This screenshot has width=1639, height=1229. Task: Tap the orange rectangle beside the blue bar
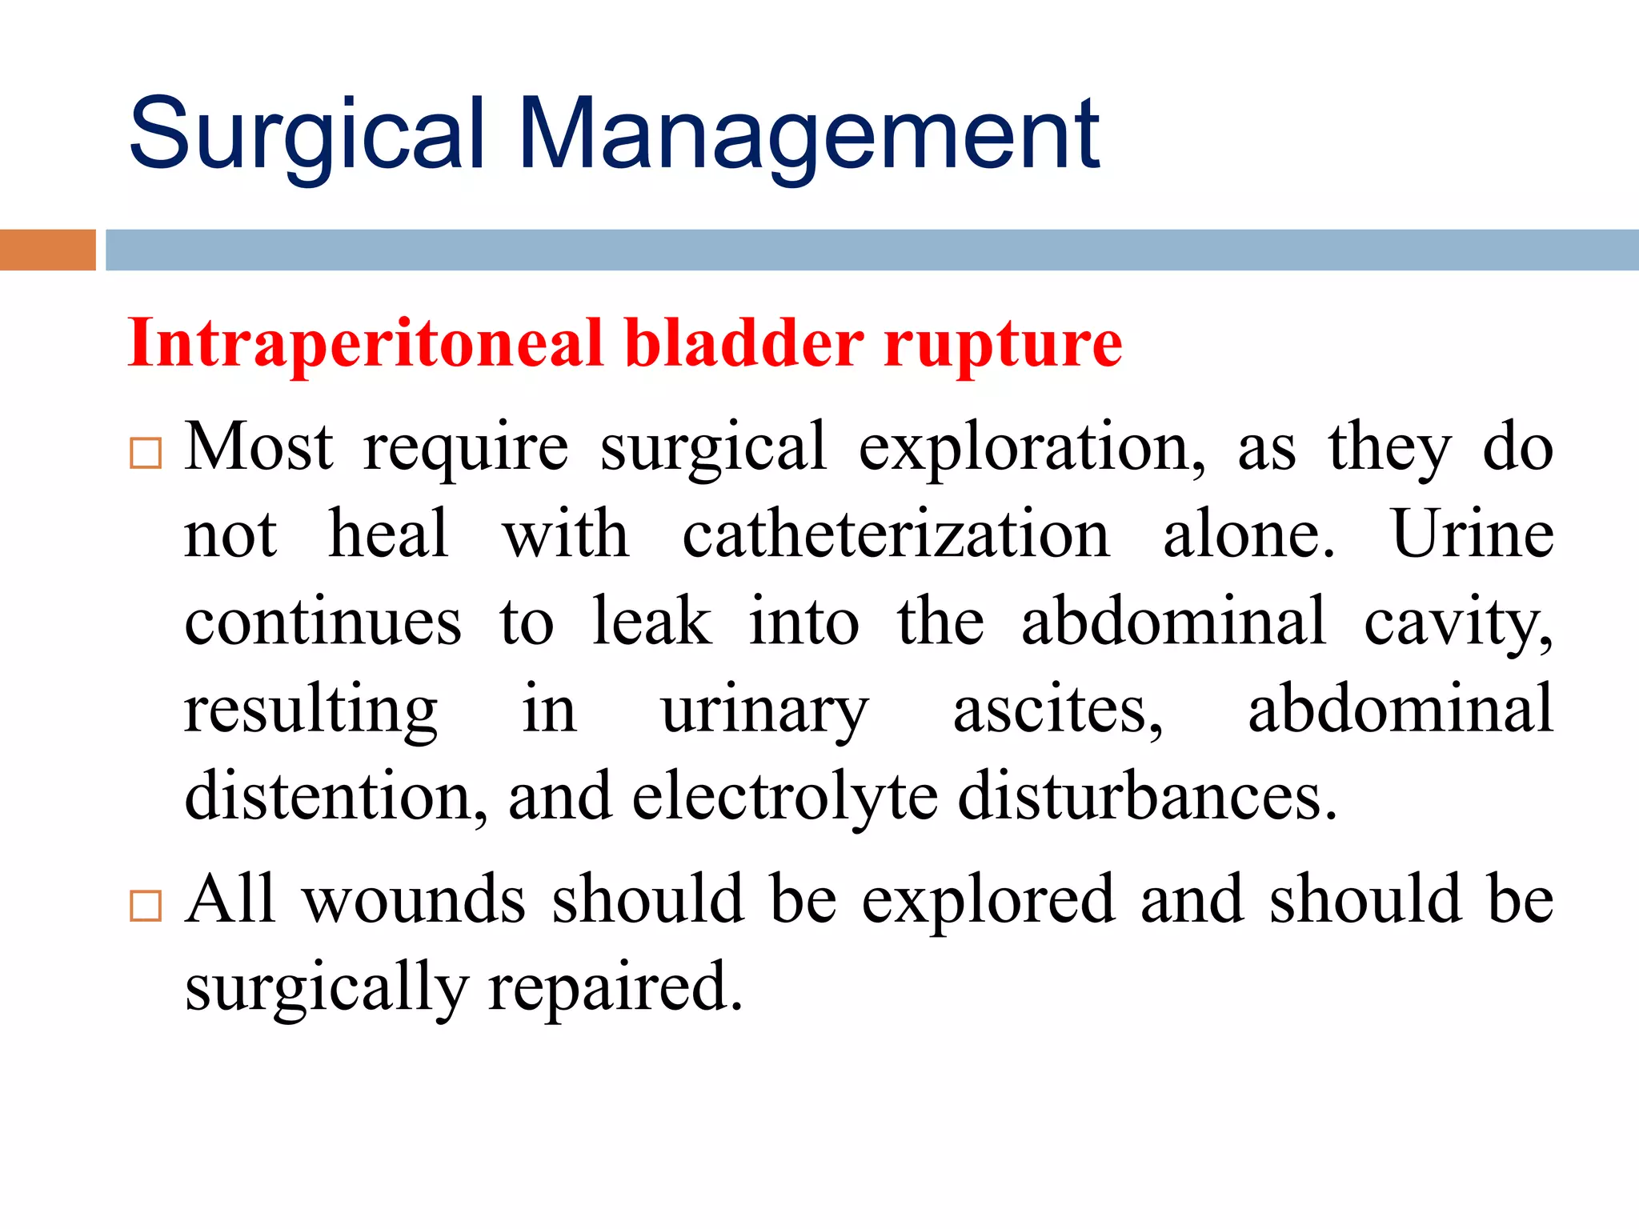[x=47, y=250]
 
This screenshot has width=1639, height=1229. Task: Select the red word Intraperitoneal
[x=365, y=344]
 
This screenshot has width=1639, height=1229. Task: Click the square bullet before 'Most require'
[x=146, y=453]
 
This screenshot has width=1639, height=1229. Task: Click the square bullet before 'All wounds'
[x=146, y=906]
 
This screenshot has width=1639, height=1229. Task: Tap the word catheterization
[x=896, y=534]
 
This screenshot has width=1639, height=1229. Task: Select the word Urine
[x=1473, y=534]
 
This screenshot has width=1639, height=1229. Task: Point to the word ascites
[x=1057, y=709]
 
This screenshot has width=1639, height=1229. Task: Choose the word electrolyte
[x=784, y=797]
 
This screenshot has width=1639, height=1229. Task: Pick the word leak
[x=651, y=622]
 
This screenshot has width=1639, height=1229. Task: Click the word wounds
[x=414, y=900]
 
